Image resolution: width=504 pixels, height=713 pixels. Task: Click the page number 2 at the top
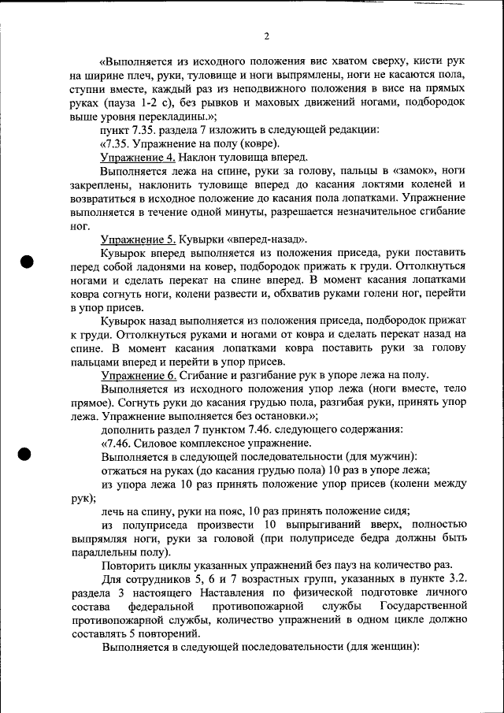click(x=267, y=35)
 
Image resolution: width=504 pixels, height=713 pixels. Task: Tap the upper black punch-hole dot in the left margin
click(x=26, y=262)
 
